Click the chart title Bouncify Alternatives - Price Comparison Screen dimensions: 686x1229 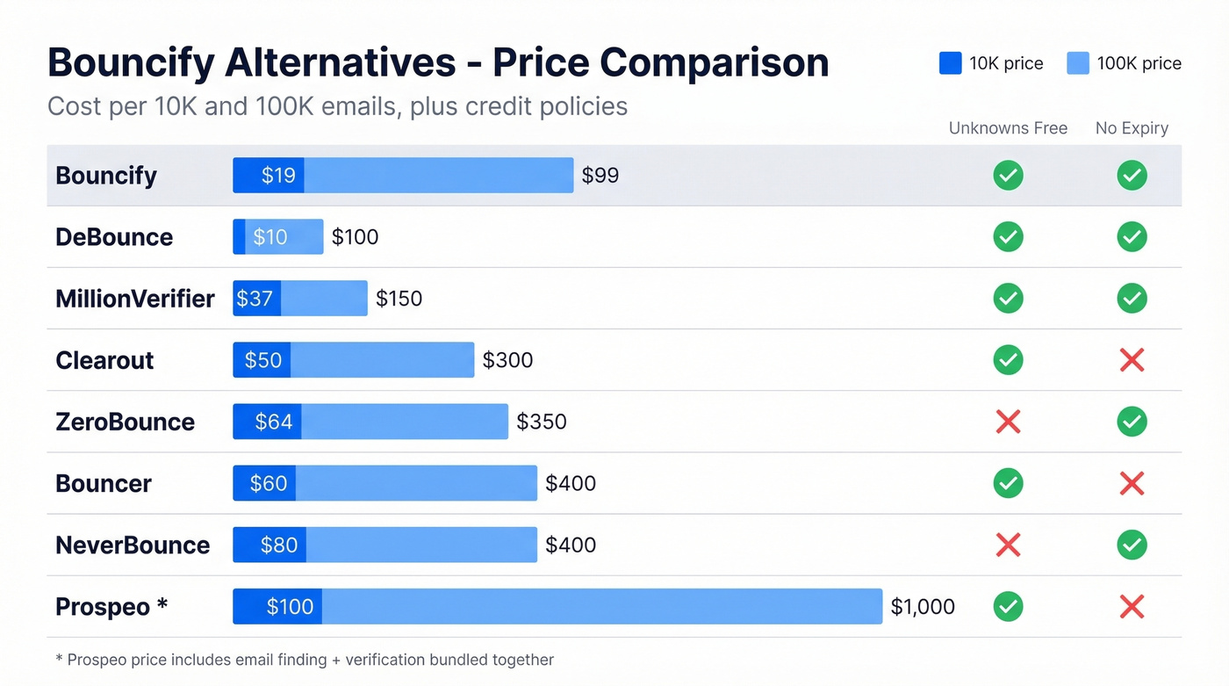tap(437, 63)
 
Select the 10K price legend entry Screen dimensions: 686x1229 tap(991, 63)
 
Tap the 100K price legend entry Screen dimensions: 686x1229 tap(1124, 63)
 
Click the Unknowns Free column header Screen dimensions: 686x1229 tap(1008, 128)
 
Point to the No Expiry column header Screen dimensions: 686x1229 tap(1132, 128)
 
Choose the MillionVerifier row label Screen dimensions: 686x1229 tap(134, 299)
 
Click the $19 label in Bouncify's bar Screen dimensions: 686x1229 tap(278, 176)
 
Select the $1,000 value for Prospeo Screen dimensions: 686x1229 tap(923, 607)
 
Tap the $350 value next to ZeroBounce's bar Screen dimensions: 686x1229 tap(542, 422)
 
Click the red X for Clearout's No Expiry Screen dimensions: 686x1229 tap(1132, 360)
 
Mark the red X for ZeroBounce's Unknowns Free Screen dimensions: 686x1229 tap(1008, 422)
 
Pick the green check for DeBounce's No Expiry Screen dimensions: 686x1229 tap(1132, 237)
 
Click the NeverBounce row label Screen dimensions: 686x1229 tap(133, 545)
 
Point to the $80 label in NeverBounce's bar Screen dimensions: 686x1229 tap(279, 545)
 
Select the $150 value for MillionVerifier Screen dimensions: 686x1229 tap(399, 299)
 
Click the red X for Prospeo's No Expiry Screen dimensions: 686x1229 tap(1132, 607)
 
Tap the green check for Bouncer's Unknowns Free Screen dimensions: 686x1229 tap(1008, 483)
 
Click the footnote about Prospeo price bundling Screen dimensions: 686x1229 tap(305, 660)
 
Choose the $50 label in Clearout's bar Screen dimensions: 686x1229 tap(263, 360)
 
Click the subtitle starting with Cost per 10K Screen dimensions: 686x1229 tap(337, 106)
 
